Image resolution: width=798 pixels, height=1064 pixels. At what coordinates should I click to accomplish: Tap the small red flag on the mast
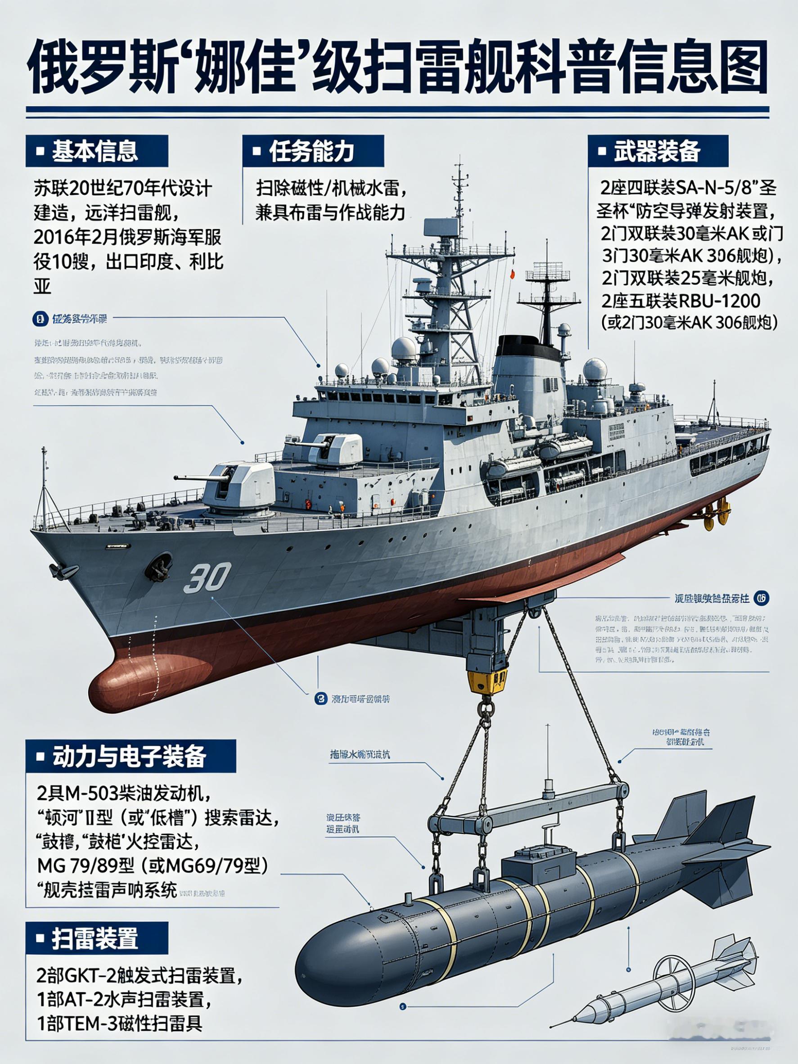(x=512, y=274)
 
